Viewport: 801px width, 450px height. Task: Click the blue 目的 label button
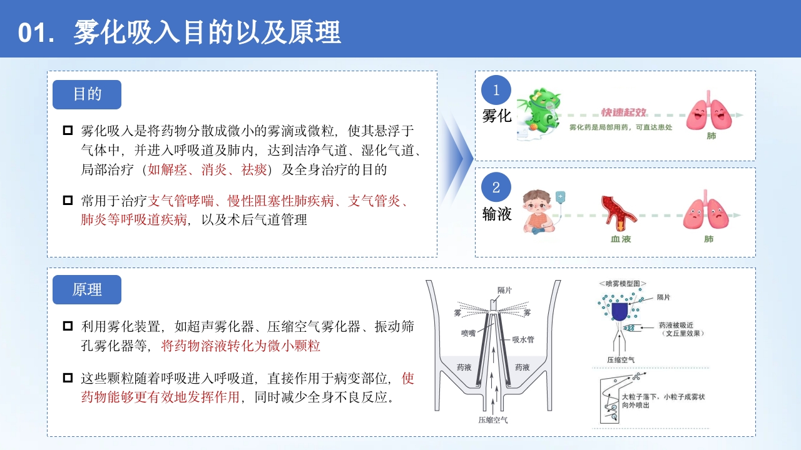click(87, 94)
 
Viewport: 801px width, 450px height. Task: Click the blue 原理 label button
click(87, 289)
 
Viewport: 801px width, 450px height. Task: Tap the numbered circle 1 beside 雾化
click(496, 90)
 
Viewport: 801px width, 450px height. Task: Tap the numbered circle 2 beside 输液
click(496, 187)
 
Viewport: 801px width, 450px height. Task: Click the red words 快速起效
click(624, 112)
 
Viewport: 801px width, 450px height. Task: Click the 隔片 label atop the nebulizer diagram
click(504, 290)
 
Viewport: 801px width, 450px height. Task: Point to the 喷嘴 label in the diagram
click(468, 333)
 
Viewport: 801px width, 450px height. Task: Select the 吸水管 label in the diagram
click(522, 339)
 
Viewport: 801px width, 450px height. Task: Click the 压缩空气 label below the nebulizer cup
click(492, 420)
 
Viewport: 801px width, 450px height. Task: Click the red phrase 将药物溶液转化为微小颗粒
click(241, 345)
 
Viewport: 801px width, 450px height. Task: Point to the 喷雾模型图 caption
click(623, 283)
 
